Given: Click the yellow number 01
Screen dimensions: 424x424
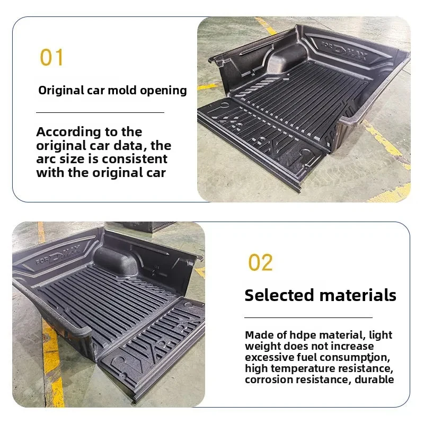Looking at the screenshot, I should click(51, 57).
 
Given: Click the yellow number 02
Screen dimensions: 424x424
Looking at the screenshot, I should click(260, 263).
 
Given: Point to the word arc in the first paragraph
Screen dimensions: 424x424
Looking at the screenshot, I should click(47, 159).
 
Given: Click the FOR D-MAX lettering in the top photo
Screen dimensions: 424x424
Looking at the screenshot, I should click(345, 50).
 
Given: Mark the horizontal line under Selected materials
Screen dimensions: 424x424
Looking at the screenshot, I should click(308, 317).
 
